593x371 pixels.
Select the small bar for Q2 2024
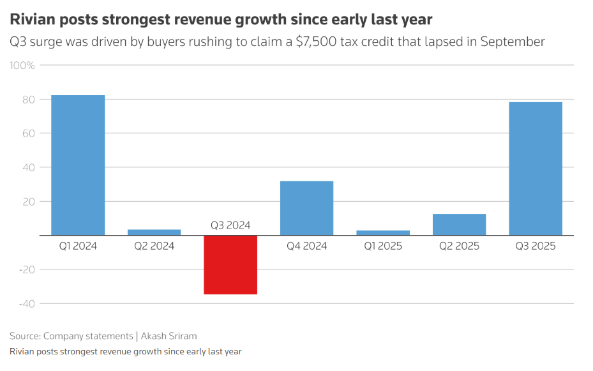[x=154, y=232]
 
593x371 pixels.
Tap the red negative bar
[x=230, y=264]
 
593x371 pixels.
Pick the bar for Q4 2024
[x=306, y=208]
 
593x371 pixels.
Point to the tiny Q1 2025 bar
[x=383, y=232]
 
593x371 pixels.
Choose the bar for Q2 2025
[x=459, y=224]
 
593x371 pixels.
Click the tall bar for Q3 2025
[x=535, y=169]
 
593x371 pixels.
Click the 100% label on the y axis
[x=22, y=66]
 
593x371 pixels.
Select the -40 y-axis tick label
[x=26, y=303]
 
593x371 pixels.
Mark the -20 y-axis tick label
[x=26, y=269]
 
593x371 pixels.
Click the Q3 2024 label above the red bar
[x=230, y=225]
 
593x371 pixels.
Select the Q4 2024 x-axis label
[x=306, y=246]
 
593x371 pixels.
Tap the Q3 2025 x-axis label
[x=535, y=246]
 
